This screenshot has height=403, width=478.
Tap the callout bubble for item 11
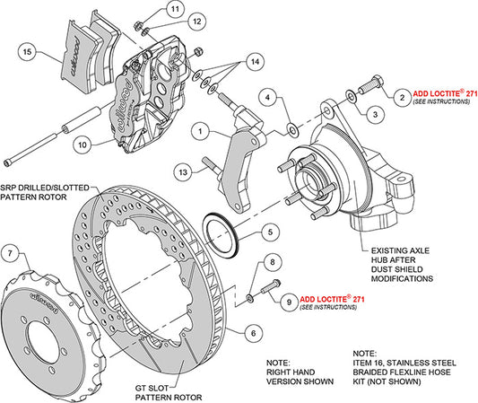coord(172,11)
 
